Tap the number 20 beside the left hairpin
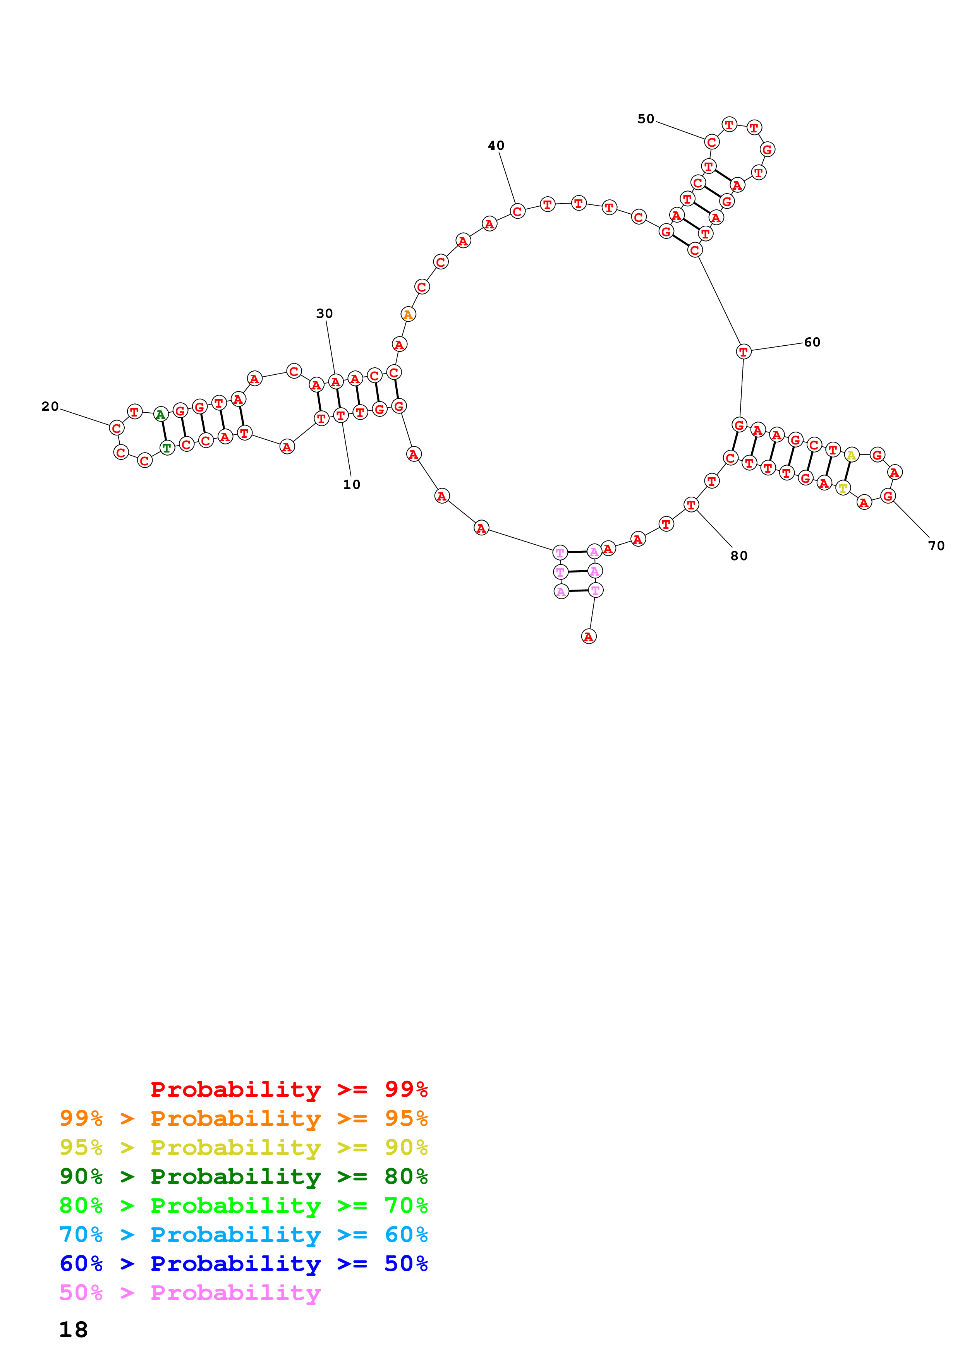coord(50,406)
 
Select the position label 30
coord(324,314)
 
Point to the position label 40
coord(496,146)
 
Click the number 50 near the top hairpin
coord(646,119)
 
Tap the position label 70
coord(936,546)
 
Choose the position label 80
coord(739,556)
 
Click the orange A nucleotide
coord(407,315)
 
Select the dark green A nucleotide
coord(160,415)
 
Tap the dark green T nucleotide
coord(167,448)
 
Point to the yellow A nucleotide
coord(850,455)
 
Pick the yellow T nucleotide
coord(842,489)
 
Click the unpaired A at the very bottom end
coord(589,636)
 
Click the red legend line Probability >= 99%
coord(289,1089)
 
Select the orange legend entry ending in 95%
coord(244,1118)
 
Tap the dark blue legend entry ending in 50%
coord(244,1264)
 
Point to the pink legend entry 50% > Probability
coord(190,1292)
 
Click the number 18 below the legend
coord(73,1330)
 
